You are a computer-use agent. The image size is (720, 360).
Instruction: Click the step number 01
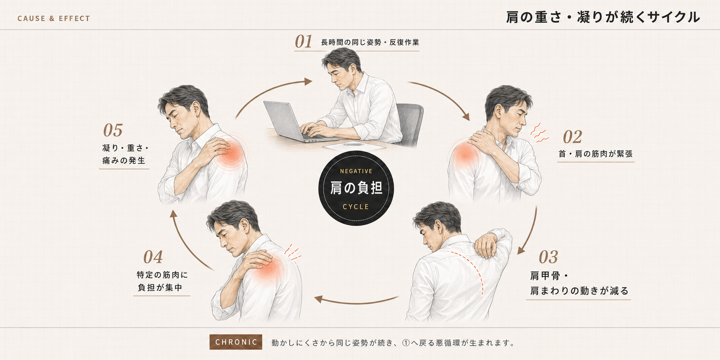coord(303,42)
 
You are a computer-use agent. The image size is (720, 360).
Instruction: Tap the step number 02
coord(572,137)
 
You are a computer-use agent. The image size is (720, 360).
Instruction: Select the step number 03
coord(548,257)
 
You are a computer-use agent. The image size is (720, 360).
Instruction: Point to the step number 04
coord(153,257)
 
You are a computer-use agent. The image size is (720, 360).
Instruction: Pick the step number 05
coord(113,130)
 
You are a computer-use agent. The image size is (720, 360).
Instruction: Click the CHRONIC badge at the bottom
coord(236,342)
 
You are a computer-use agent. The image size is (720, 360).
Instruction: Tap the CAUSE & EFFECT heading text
coord(54,18)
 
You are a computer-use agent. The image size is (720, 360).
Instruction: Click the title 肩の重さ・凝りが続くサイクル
coord(603,17)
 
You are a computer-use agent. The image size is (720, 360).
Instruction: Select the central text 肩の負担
coord(356,188)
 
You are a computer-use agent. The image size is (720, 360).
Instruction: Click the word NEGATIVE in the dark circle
coord(356,171)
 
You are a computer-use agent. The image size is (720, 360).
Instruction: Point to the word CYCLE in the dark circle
coord(356,207)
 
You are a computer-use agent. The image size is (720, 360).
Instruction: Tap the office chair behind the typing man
coord(409,122)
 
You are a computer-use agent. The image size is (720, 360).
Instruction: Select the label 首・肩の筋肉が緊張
coord(595,154)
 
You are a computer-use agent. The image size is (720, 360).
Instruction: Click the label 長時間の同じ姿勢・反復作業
coord(370,42)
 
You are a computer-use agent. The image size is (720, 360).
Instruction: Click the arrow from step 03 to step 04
coord(356,301)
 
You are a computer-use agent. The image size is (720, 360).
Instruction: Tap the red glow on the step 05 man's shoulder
coord(231,153)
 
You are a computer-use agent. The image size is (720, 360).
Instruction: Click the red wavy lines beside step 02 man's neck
coord(539,133)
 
